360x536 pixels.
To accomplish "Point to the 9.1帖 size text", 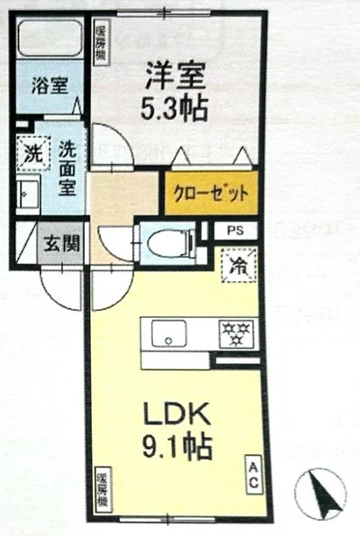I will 178,448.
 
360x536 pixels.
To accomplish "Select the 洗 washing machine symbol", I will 32,153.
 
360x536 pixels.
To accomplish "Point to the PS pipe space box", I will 235,229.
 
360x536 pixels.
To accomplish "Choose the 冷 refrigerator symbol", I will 238,265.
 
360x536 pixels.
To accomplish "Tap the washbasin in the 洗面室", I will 27,193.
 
